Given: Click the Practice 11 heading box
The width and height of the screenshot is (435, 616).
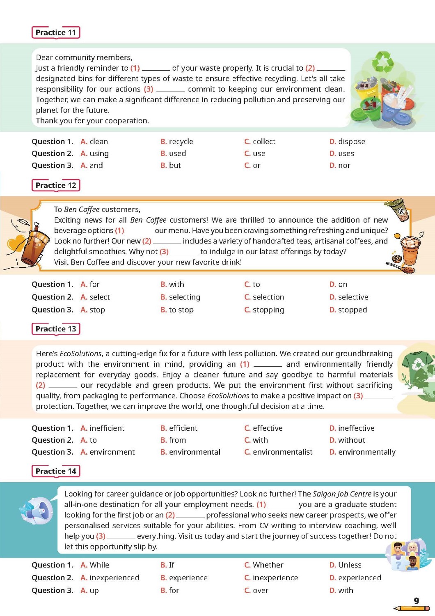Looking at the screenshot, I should click(x=56, y=32).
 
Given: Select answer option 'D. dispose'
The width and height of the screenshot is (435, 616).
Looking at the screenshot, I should click(x=347, y=142).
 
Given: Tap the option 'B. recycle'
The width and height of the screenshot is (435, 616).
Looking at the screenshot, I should click(x=177, y=142).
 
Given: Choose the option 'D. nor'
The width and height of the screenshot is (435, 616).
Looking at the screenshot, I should click(x=340, y=165).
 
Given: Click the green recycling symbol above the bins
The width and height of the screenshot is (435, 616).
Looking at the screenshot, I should click(x=382, y=62).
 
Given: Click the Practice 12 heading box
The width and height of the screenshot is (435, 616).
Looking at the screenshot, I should click(x=56, y=185).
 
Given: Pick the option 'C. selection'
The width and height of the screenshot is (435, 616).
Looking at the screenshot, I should click(x=264, y=297).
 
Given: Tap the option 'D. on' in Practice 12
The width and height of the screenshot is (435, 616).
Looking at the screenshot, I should click(x=339, y=284).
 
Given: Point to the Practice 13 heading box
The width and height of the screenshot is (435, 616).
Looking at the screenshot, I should click(x=56, y=329).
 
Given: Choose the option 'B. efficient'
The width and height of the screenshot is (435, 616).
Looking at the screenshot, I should click(x=179, y=428).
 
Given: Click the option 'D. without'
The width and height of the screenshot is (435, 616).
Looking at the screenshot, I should click(x=347, y=440).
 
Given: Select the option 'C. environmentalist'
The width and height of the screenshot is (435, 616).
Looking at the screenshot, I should click(x=278, y=452).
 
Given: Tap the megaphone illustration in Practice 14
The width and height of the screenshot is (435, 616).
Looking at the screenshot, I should click(x=37, y=511).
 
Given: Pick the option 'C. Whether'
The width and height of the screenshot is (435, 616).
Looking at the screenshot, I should click(x=264, y=565).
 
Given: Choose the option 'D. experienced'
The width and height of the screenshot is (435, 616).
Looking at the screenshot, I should click(x=355, y=578).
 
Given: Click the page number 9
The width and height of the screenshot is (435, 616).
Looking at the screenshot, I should click(x=416, y=601).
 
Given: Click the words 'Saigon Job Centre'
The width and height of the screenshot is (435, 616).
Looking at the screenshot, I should click(x=342, y=494).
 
